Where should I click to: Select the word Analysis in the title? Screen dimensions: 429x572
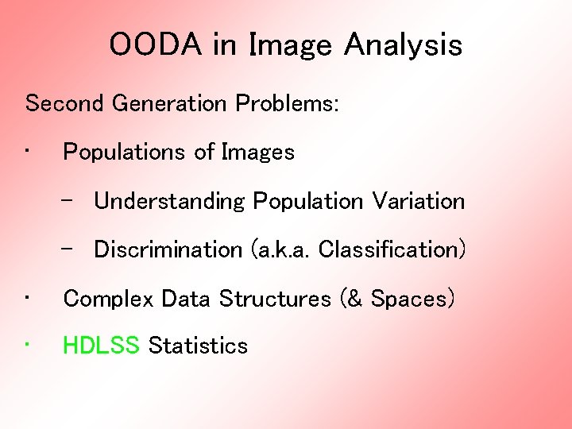coord(403,45)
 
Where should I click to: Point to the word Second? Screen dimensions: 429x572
coord(67,103)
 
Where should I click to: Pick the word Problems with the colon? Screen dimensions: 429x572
coord(288,103)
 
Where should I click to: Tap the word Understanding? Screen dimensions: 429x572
coord(169,202)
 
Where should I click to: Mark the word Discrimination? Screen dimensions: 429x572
coord(168,249)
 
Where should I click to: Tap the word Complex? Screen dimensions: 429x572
coord(109,299)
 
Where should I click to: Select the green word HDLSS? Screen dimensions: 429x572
coord(102,346)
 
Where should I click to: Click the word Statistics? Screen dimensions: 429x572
coord(199,346)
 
